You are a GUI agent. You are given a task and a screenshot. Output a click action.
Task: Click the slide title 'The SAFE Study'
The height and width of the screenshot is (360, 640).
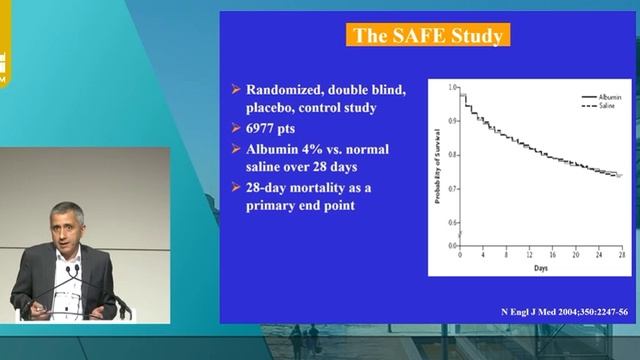click(427, 37)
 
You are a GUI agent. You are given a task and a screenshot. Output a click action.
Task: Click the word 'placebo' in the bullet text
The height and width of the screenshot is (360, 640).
click(272, 109)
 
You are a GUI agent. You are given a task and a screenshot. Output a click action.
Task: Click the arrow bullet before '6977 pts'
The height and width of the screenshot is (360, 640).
click(232, 128)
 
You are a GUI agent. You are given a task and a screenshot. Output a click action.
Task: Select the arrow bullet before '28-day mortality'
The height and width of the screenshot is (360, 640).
click(232, 187)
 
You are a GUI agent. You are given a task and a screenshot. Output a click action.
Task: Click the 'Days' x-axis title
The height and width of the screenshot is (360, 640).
click(540, 269)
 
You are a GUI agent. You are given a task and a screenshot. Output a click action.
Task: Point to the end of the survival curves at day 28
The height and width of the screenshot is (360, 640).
click(618, 175)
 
